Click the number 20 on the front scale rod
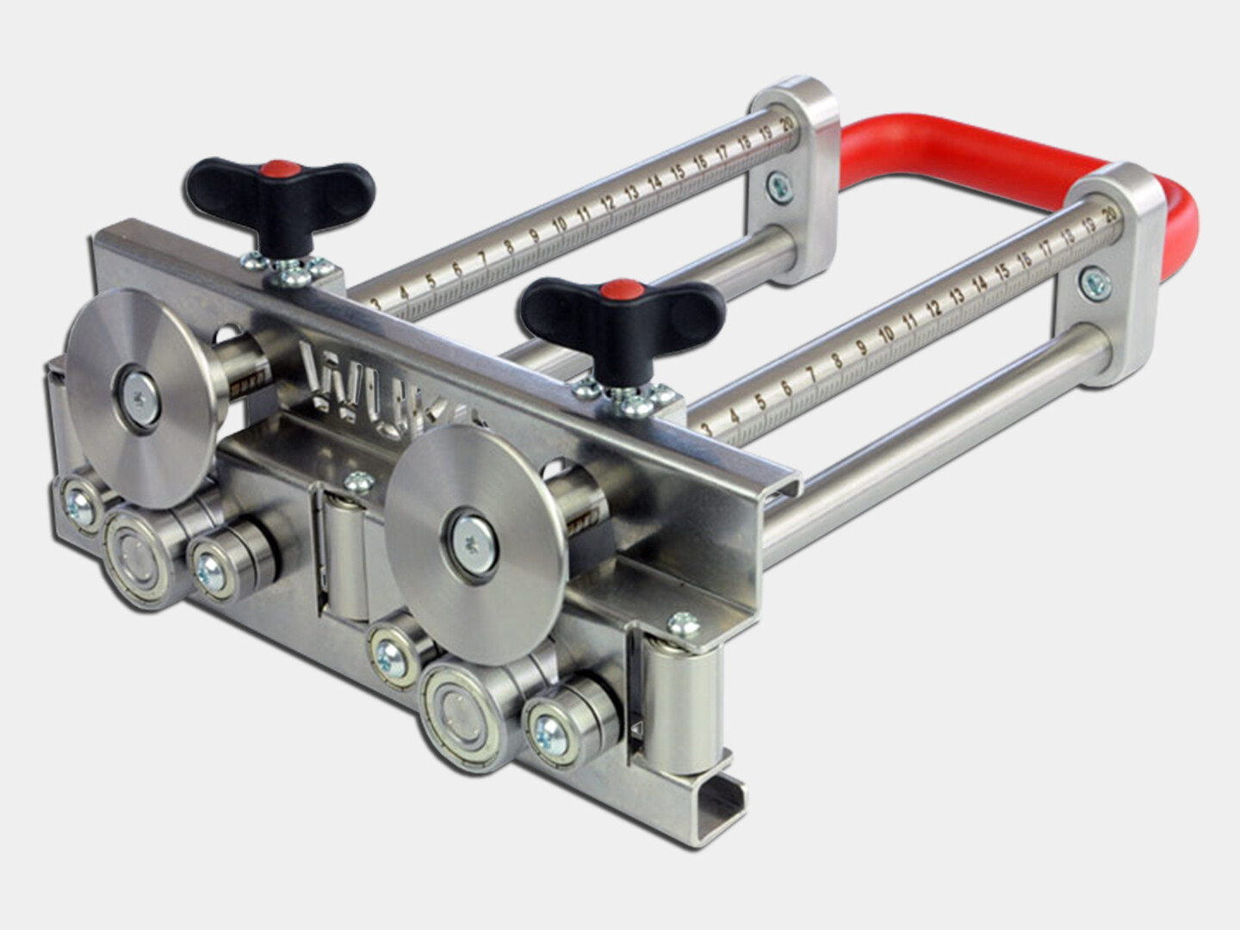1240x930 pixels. pos(1110,212)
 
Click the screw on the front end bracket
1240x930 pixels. pos(1094,282)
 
